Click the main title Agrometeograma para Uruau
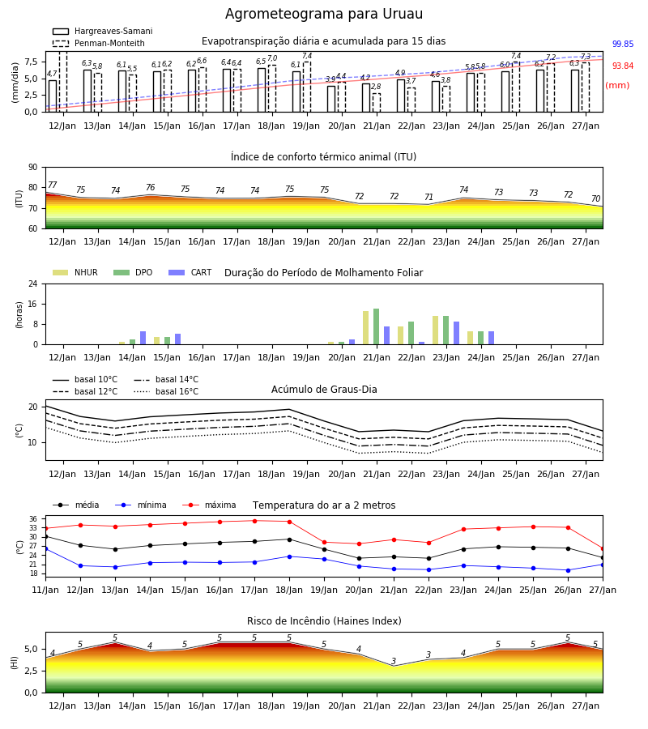tap(323, 14)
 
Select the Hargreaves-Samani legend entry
tap(103, 31)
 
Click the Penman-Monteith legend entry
tap(99, 43)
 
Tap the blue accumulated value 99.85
tap(623, 45)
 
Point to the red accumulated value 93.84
tap(623, 66)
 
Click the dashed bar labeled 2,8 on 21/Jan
tap(377, 103)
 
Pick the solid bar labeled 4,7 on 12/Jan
tap(53, 96)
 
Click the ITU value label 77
tap(53, 185)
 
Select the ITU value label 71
tap(428, 197)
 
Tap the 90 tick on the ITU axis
tap(33, 168)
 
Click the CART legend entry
tap(190, 272)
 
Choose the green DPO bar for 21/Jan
tap(376, 326)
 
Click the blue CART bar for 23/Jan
tap(457, 333)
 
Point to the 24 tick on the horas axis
tap(33, 283)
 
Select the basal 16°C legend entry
tap(166, 391)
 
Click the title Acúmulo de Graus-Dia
tap(324, 390)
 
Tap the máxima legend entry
tap(209, 505)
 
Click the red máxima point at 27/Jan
tap(603, 549)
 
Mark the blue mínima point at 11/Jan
tap(45, 548)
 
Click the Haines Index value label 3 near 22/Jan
tap(428, 654)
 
